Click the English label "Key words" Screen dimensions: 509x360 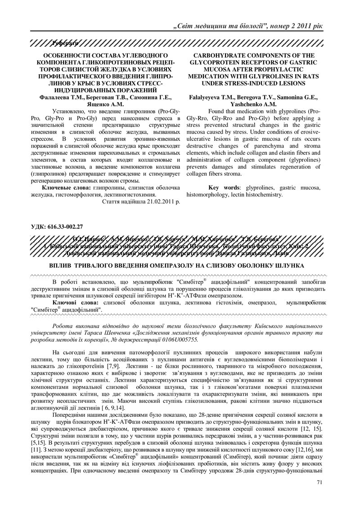pyautogui.click(x=225, y=187)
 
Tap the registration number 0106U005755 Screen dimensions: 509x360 pyautogui.click(x=177, y=340)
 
